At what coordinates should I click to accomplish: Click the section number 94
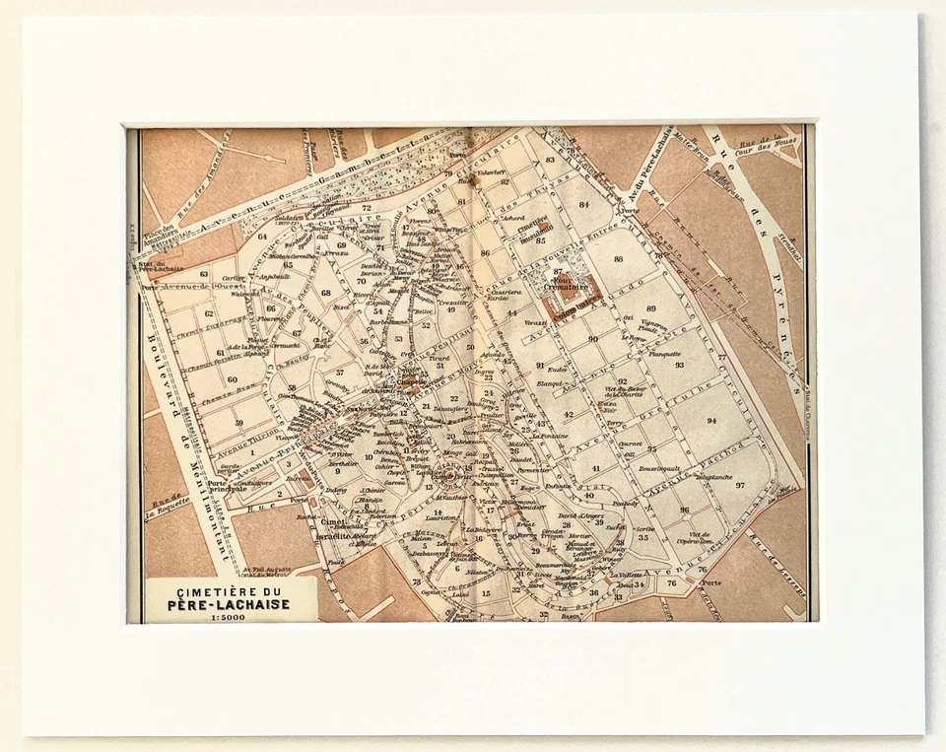click(x=711, y=420)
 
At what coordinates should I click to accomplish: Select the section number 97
click(x=740, y=485)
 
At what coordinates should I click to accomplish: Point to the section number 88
click(x=618, y=259)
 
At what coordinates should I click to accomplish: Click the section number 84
click(x=583, y=205)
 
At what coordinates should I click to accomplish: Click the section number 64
click(x=262, y=237)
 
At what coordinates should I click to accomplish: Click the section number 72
click(x=366, y=208)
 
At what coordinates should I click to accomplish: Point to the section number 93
click(x=679, y=365)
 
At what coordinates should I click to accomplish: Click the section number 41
click(x=596, y=446)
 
